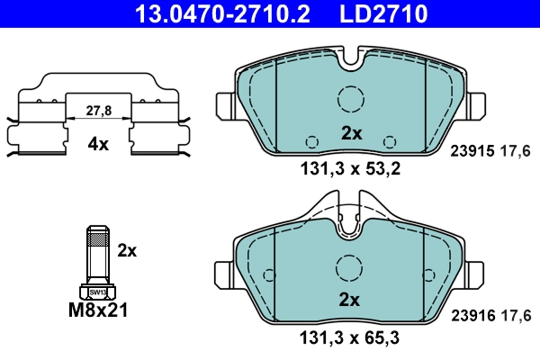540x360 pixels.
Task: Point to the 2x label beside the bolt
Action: point(127,250)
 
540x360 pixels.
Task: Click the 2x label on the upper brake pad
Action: point(351,133)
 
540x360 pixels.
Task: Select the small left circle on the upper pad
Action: point(312,141)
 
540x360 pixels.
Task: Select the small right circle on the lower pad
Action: point(390,307)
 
